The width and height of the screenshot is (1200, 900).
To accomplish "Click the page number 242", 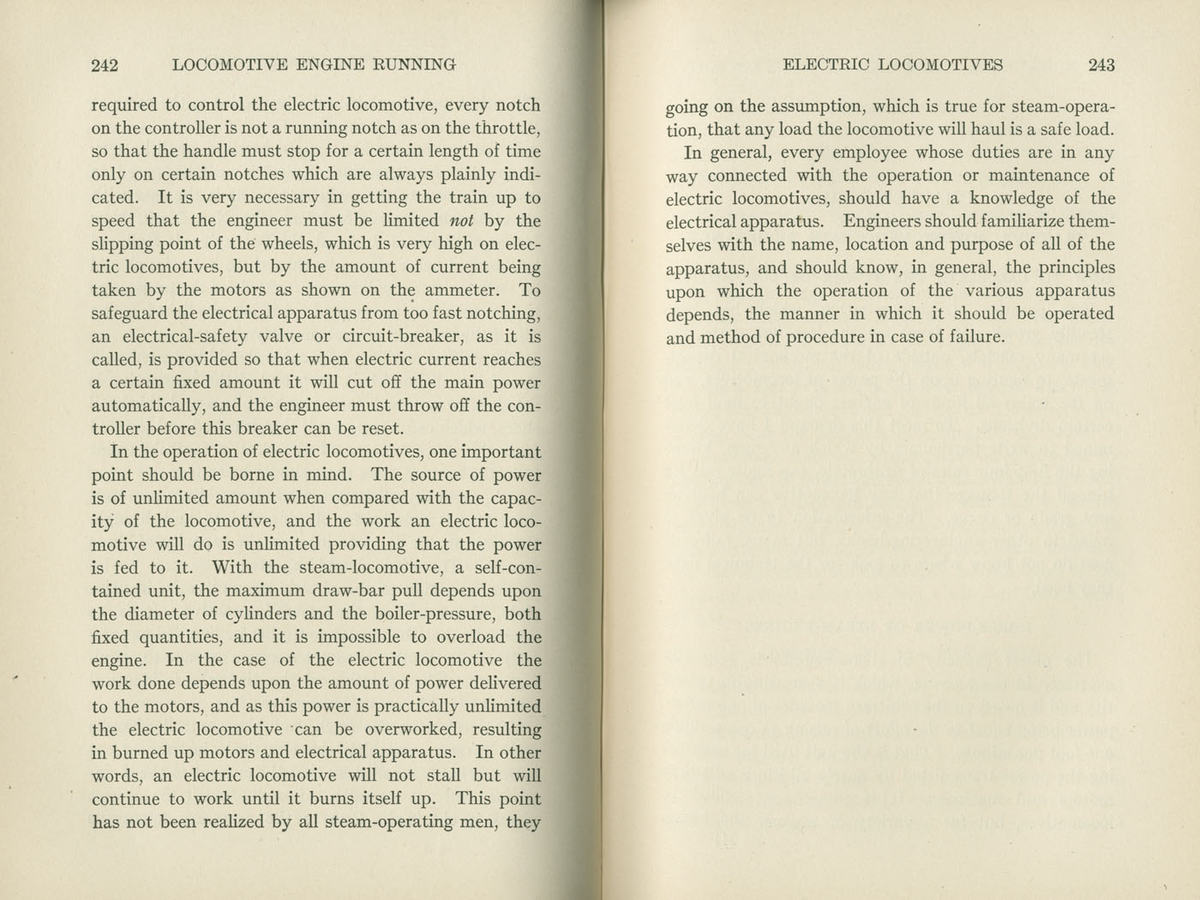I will tap(104, 65).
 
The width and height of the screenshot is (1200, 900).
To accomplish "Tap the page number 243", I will tap(1101, 65).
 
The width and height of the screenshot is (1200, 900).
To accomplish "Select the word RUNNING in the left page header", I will tap(411, 65).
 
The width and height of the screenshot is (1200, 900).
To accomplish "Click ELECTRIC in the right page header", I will tap(826, 65).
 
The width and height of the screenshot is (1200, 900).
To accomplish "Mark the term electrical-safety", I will tap(185, 337).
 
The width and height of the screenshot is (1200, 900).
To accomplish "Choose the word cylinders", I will tap(246, 614).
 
